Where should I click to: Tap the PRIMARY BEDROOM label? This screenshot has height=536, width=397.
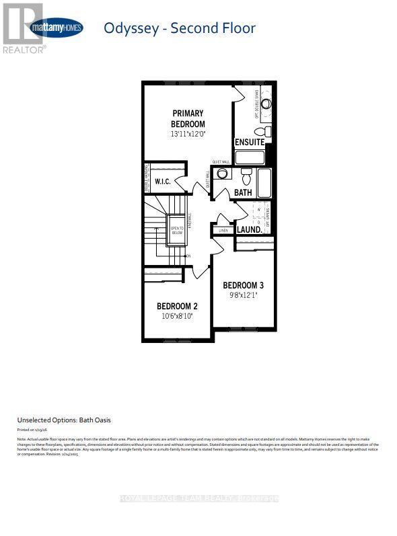pos(188,118)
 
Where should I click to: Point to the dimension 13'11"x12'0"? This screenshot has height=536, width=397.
pos(188,134)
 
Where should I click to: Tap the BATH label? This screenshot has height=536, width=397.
pos(242,193)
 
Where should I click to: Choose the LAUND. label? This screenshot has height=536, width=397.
pos(248,229)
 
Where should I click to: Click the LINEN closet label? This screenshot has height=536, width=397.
pos(222,231)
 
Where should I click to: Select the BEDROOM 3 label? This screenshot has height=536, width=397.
pos(248,284)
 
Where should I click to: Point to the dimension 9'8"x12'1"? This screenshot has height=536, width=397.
pos(248,295)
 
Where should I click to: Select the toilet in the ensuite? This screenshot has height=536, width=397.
pos(268,130)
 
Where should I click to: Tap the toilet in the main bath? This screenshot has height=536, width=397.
pos(246,177)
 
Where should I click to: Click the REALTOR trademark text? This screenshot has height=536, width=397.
pos(25,50)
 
